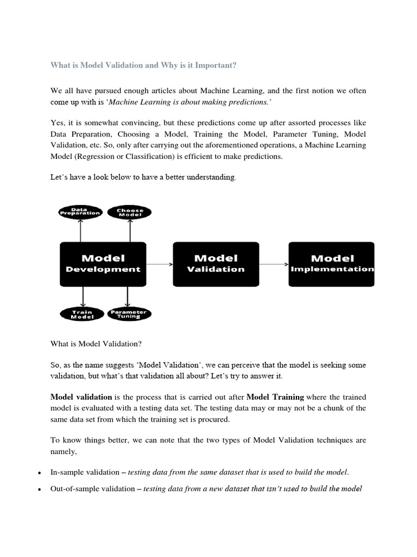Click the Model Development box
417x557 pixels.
point(103,264)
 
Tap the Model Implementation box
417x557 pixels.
point(332,264)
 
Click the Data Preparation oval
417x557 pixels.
point(80,212)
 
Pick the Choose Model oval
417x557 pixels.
point(130,212)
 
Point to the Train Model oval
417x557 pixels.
point(82,314)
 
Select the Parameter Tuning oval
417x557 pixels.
point(129,314)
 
